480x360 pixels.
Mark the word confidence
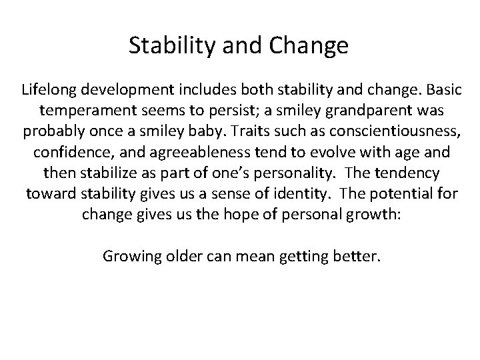pyautogui.click(x=69, y=152)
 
